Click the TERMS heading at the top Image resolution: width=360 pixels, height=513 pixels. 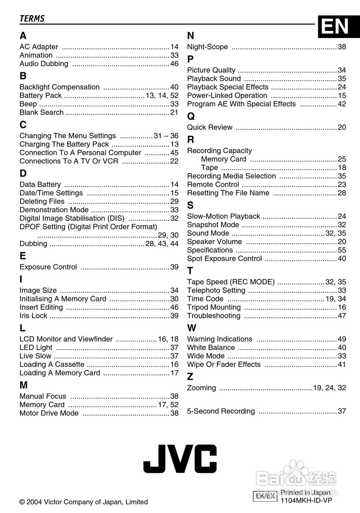pyautogui.click(x=32, y=18)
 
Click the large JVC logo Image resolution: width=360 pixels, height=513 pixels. pyautogui.click(x=180, y=458)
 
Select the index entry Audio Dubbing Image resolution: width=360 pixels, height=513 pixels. pyautogui.click(x=44, y=64)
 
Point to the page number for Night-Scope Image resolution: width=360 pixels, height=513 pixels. pyautogui.click(x=342, y=47)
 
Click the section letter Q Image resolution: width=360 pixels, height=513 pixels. pyautogui.click(x=191, y=116)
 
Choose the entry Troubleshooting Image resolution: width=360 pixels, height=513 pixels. pyautogui.click(x=214, y=316)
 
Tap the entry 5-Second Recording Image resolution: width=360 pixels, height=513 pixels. pyautogui.click(x=221, y=411)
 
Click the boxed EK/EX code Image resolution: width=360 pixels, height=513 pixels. pyautogui.click(x=265, y=496)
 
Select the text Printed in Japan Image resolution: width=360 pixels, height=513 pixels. pyautogui.click(x=306, y=493)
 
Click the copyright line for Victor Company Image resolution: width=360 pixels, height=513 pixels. pyautogui.click(x=84, y=502)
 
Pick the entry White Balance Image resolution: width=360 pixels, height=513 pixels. pyautogui.click(x=211, y=347)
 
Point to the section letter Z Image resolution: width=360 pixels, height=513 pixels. pyautogui.click(x=190, y=377)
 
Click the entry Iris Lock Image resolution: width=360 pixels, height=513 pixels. pyautogui.click(x=34, y=316)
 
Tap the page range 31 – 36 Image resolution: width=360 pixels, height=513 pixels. pyautogui.click(x=166, y=136)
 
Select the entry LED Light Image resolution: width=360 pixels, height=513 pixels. pyautogui.click(x=36, y=347)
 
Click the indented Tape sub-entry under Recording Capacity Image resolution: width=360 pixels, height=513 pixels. pyautogui.click(x=210, y=168)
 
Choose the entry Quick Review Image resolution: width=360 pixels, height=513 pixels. pyautogui.click(x=210, y=127)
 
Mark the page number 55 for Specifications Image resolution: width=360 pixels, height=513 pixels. pyautogui.click(x=342, y=250)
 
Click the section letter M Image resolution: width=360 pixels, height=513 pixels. pyautogui.click(x=24, y=385)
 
